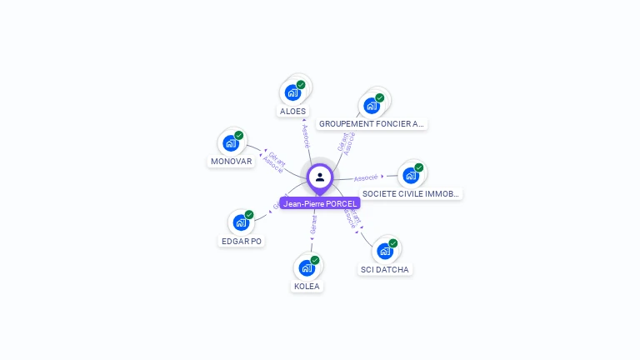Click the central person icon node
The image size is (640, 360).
click(x=320, y=177)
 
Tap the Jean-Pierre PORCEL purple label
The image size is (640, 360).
click(x=320, y=203)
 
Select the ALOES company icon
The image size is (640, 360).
click(x=292, y=92)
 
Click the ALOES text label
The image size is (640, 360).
click(x=292, y=111)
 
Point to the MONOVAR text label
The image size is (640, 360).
click(x=231, y=162)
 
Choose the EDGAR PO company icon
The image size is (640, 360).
click(x=241, y=222)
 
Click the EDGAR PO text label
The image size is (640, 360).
click(x=241, y=242)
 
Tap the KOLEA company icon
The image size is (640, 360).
click(x=307, y=267)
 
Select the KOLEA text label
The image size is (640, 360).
click(x=307, y=287)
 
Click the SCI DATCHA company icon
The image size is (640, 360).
click(x=385, y=251)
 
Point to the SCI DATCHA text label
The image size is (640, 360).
click(x=385, y=270)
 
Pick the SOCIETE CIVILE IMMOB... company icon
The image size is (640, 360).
click(x=411, y=175)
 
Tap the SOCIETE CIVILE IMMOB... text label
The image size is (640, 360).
click(x=411, y=194)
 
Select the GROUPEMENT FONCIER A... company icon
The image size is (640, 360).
click(x=372, y=106)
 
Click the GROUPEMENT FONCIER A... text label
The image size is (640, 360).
click(x=372, y=124)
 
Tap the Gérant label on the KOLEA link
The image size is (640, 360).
click(x=313, y=225)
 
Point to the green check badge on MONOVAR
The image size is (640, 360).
click(x=238, y=136)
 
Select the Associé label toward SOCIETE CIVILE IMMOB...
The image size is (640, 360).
click(x=366, y=177)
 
